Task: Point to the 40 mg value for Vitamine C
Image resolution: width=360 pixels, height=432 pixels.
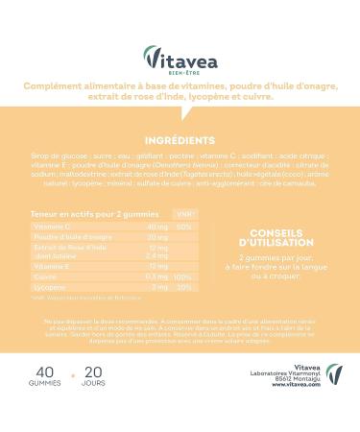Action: click(x=156, y=226)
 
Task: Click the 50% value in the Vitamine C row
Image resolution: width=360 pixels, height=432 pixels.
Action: click(x=184, y=226)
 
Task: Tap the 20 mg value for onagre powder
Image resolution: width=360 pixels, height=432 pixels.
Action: click(x=156, y=236)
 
